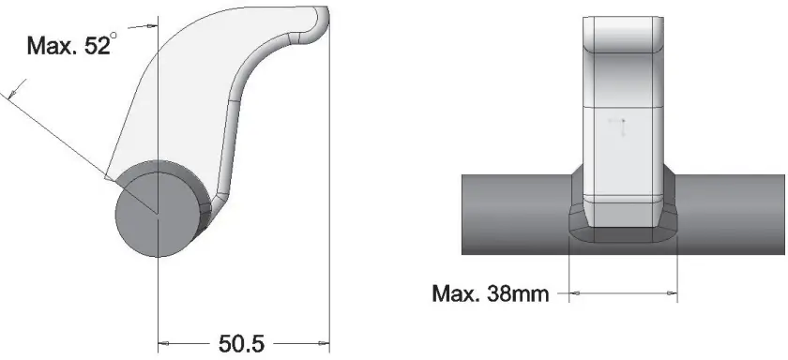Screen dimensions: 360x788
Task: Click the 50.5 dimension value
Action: coord(241,343)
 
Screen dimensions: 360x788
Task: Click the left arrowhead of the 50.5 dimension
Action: coord(163,342)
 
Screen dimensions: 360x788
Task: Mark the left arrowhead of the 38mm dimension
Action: coord(575,293)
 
